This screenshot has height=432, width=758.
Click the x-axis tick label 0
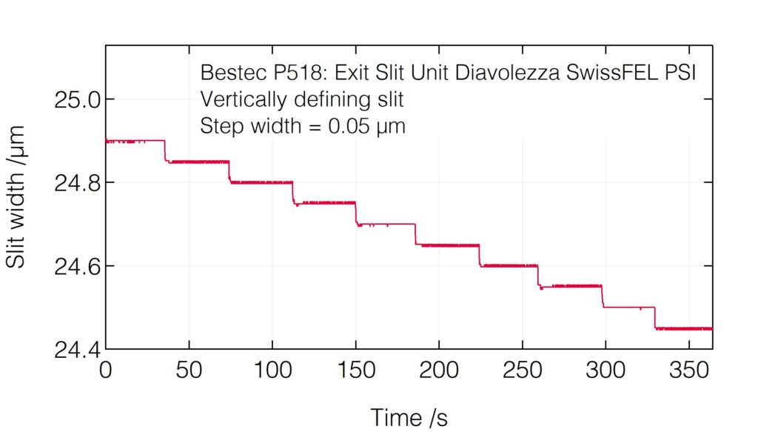pyautogui.click(x=106, y=370)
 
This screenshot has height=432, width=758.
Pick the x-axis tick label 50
pyautogui.click(x=189, y=370)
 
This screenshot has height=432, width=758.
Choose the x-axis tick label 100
pyautogui.click(x=272, y=370)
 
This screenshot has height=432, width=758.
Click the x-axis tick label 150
pyautogui.click(x=356, y=370)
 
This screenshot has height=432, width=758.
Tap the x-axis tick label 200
pyautogui.click(x=439, y=370)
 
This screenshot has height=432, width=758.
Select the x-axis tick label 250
pyautogui.click(x=523, y=370)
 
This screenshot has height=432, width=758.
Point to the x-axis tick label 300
pyautogui.click(x=606, y=370)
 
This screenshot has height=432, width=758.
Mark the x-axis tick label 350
pyautogui.click(x=689, y=370)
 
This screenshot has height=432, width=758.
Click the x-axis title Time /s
pyautogui.click(x=409, y=417)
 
